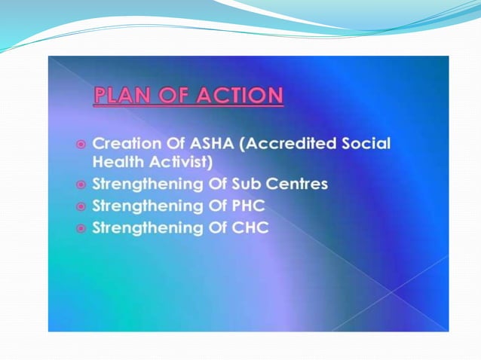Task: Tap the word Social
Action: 366,143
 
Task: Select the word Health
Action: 116,161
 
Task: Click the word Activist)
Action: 183,161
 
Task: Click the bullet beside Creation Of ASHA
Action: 81,144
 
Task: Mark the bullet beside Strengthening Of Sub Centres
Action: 81,185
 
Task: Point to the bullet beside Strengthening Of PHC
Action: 81,206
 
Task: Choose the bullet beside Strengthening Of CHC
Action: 81,227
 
